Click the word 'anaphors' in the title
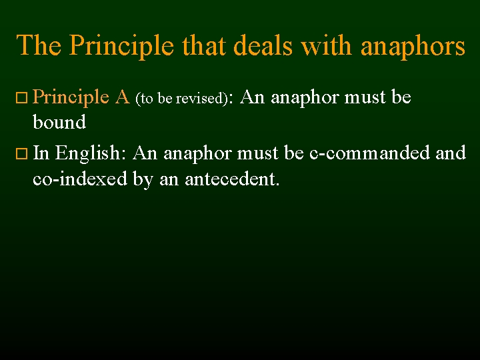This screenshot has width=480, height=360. pos(413,46)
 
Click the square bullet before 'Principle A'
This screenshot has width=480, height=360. pos(21,99)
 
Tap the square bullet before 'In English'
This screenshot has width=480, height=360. pos(21,155)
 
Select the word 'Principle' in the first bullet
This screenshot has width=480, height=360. pos(71,97)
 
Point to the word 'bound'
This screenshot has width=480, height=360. pos(59,122)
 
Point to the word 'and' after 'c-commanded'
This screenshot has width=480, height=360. pos(451,153)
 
